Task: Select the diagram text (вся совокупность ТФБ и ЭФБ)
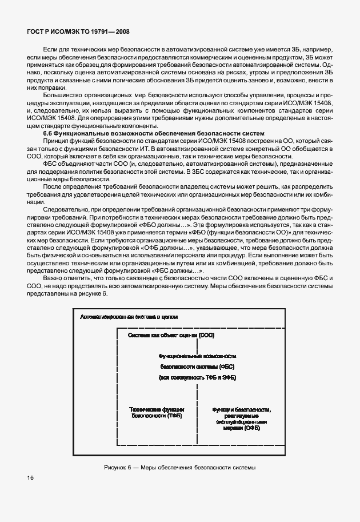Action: tap(197, 378)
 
